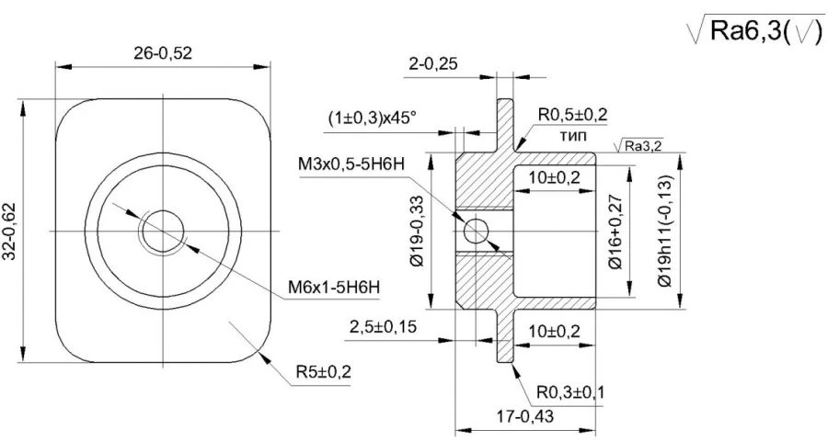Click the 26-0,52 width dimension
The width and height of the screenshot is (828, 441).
tap(163, 53)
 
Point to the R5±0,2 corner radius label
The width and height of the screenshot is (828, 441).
tap(323, 372)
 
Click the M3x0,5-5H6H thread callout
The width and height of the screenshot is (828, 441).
tap(354, 164)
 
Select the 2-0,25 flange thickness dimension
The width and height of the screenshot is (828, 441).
tap(433, 64)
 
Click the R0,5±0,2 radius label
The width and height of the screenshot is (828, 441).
tap(573, 115)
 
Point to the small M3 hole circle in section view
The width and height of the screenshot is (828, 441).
tap(476, 232)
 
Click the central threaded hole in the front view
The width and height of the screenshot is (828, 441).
tap(162, 230)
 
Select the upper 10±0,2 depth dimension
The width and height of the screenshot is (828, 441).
tap(555, 177)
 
